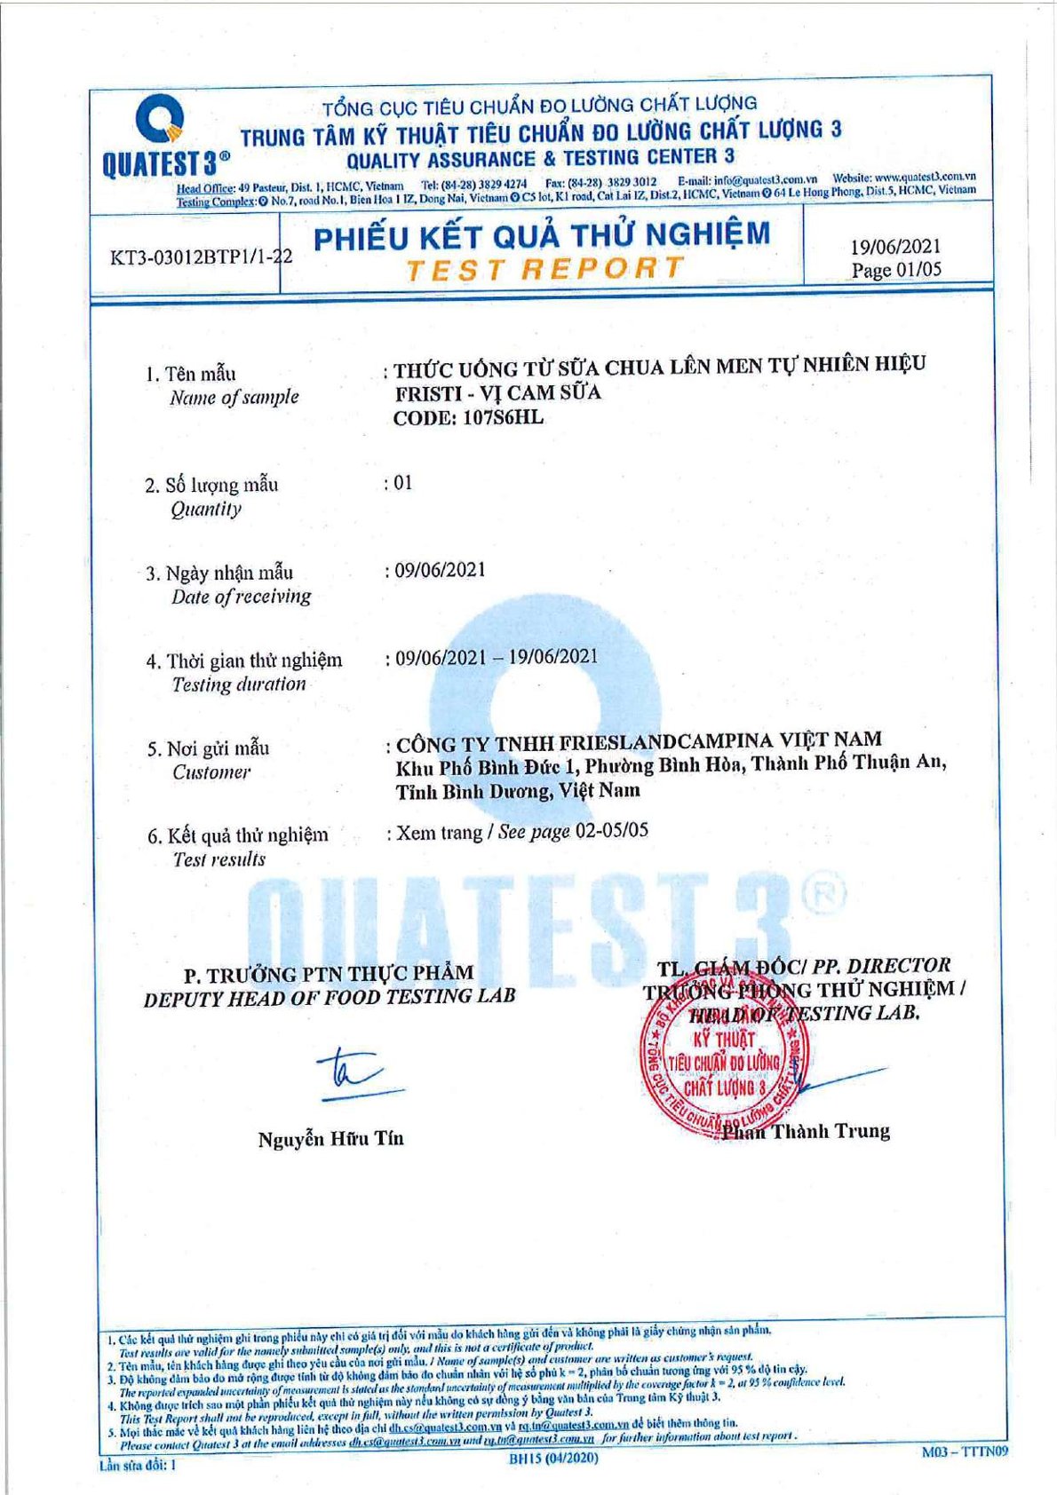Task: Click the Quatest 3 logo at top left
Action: coord(163,138)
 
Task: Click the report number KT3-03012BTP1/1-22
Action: coord(202,258)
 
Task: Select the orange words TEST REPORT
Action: coord(544,268)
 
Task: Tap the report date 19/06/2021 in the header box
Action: coord(894,248)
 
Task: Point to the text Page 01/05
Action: coord(895,270)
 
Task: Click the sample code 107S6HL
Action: coord(504,417)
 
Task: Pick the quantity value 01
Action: coord(402,483)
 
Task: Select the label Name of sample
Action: coord(234,398)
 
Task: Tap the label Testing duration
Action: coord(239,684)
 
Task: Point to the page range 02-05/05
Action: coord(612,831)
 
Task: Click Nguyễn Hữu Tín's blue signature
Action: coord(351,1073)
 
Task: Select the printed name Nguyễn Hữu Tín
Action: coord(330,1139)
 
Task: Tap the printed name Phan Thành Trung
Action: coord(806,1131)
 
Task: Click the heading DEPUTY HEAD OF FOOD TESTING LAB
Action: coord(330,998)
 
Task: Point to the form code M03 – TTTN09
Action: coord(965,1452)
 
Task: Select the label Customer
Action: coord(211,772)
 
